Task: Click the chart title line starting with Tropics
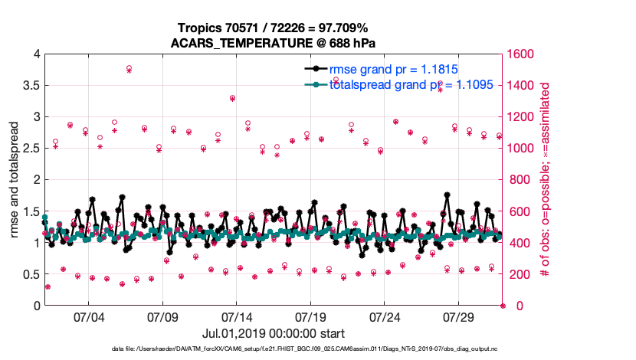tap(274, 28)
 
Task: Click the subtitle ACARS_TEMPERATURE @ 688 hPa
tap(274, 42)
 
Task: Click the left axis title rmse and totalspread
tap(15, 180)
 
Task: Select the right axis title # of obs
tap(546, 180)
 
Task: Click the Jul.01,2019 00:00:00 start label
tap(274, 333)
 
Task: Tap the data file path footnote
tap(274, 349)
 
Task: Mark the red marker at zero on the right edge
tap(503, 306)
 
